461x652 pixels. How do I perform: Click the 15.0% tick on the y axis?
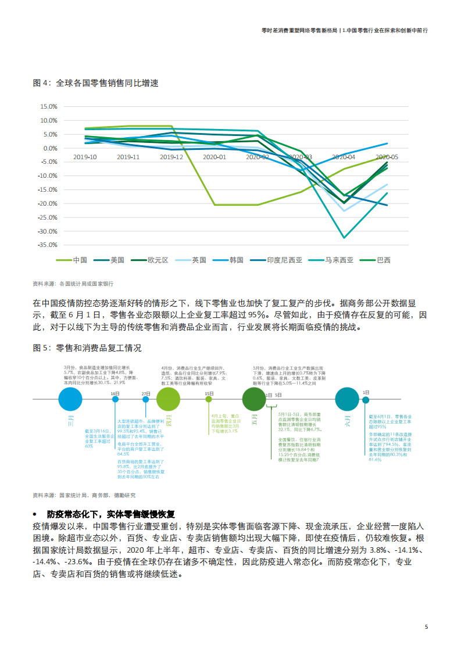tap(48, 106)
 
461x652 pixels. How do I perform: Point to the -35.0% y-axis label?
tap(47, 245)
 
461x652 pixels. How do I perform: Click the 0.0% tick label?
tap(50, 148)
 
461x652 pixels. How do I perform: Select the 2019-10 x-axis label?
tap(85, 157)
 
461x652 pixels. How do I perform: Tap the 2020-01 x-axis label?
tap(215, 157)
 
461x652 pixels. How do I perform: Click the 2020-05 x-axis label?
tap(387, 157)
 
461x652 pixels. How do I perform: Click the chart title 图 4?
tap(95, 83)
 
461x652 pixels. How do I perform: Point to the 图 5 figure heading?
tap(87, 348)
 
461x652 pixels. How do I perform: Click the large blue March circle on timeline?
tap(71, 399)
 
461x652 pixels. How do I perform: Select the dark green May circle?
tap(254, 399)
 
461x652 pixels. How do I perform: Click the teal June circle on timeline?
tap(348, 399)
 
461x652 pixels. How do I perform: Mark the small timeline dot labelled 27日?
tap(146, 399)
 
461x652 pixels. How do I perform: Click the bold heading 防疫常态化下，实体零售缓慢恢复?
tap(111, 514)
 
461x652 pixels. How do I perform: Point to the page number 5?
tap(427, 627)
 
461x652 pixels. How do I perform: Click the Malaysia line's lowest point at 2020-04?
tap(344, 238)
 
